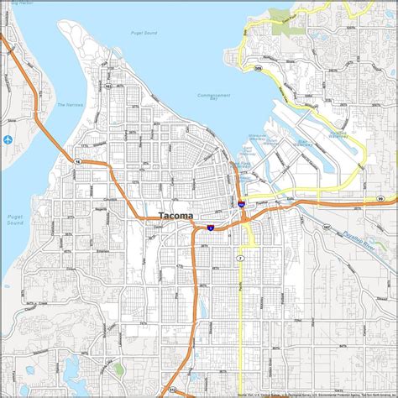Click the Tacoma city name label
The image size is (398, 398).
[175, 216]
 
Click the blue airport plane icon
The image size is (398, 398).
[8, 139]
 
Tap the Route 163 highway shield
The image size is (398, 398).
[108, 86]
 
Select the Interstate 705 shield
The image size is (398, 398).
[241, 203]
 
